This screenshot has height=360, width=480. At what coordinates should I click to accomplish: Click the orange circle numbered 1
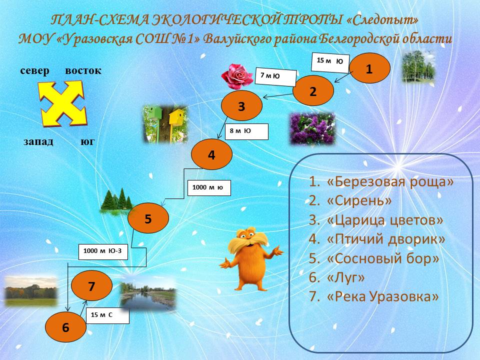pos(369,68)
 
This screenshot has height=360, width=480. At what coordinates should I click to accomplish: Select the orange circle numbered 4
pos(211,154)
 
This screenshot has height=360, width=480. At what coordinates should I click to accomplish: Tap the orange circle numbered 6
pos(65,327)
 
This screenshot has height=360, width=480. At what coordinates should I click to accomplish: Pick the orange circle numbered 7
pos(91,286)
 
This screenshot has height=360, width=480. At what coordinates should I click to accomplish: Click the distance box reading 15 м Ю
pos(330,62)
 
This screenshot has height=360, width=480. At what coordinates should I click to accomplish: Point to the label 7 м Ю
pos(276,77)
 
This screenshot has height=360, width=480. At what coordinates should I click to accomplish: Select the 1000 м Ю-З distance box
pos(103,252)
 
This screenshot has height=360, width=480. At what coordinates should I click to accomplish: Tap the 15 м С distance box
pos(107,316)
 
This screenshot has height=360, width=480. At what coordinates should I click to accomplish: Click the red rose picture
pos(237,76)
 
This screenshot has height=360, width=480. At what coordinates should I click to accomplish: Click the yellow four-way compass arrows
pos(63,103)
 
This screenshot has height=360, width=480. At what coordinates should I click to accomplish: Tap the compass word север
pos(34,70)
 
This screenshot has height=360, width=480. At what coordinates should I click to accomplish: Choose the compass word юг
pos(87,141)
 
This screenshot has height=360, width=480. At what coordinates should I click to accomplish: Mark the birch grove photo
pos(418,66)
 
